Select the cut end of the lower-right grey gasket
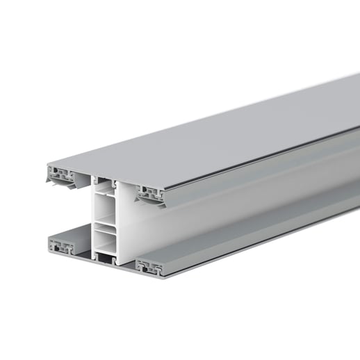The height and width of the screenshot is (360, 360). [x=150, y=265]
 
